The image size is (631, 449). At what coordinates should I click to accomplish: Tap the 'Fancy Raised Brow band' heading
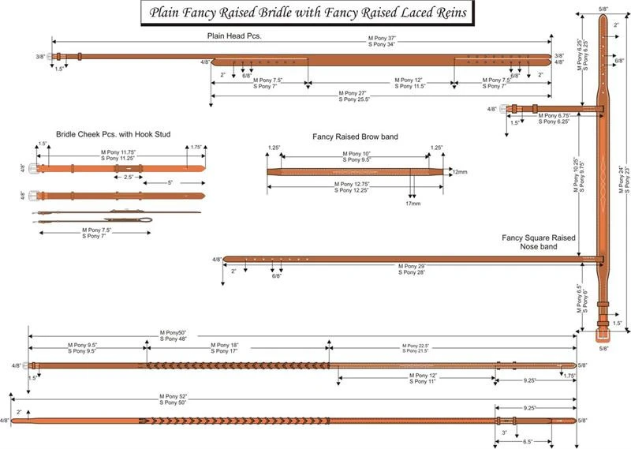[347, 137]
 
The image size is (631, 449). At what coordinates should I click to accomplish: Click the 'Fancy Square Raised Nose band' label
[539, 242]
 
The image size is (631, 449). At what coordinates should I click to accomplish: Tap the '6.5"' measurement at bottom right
[527, 442]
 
